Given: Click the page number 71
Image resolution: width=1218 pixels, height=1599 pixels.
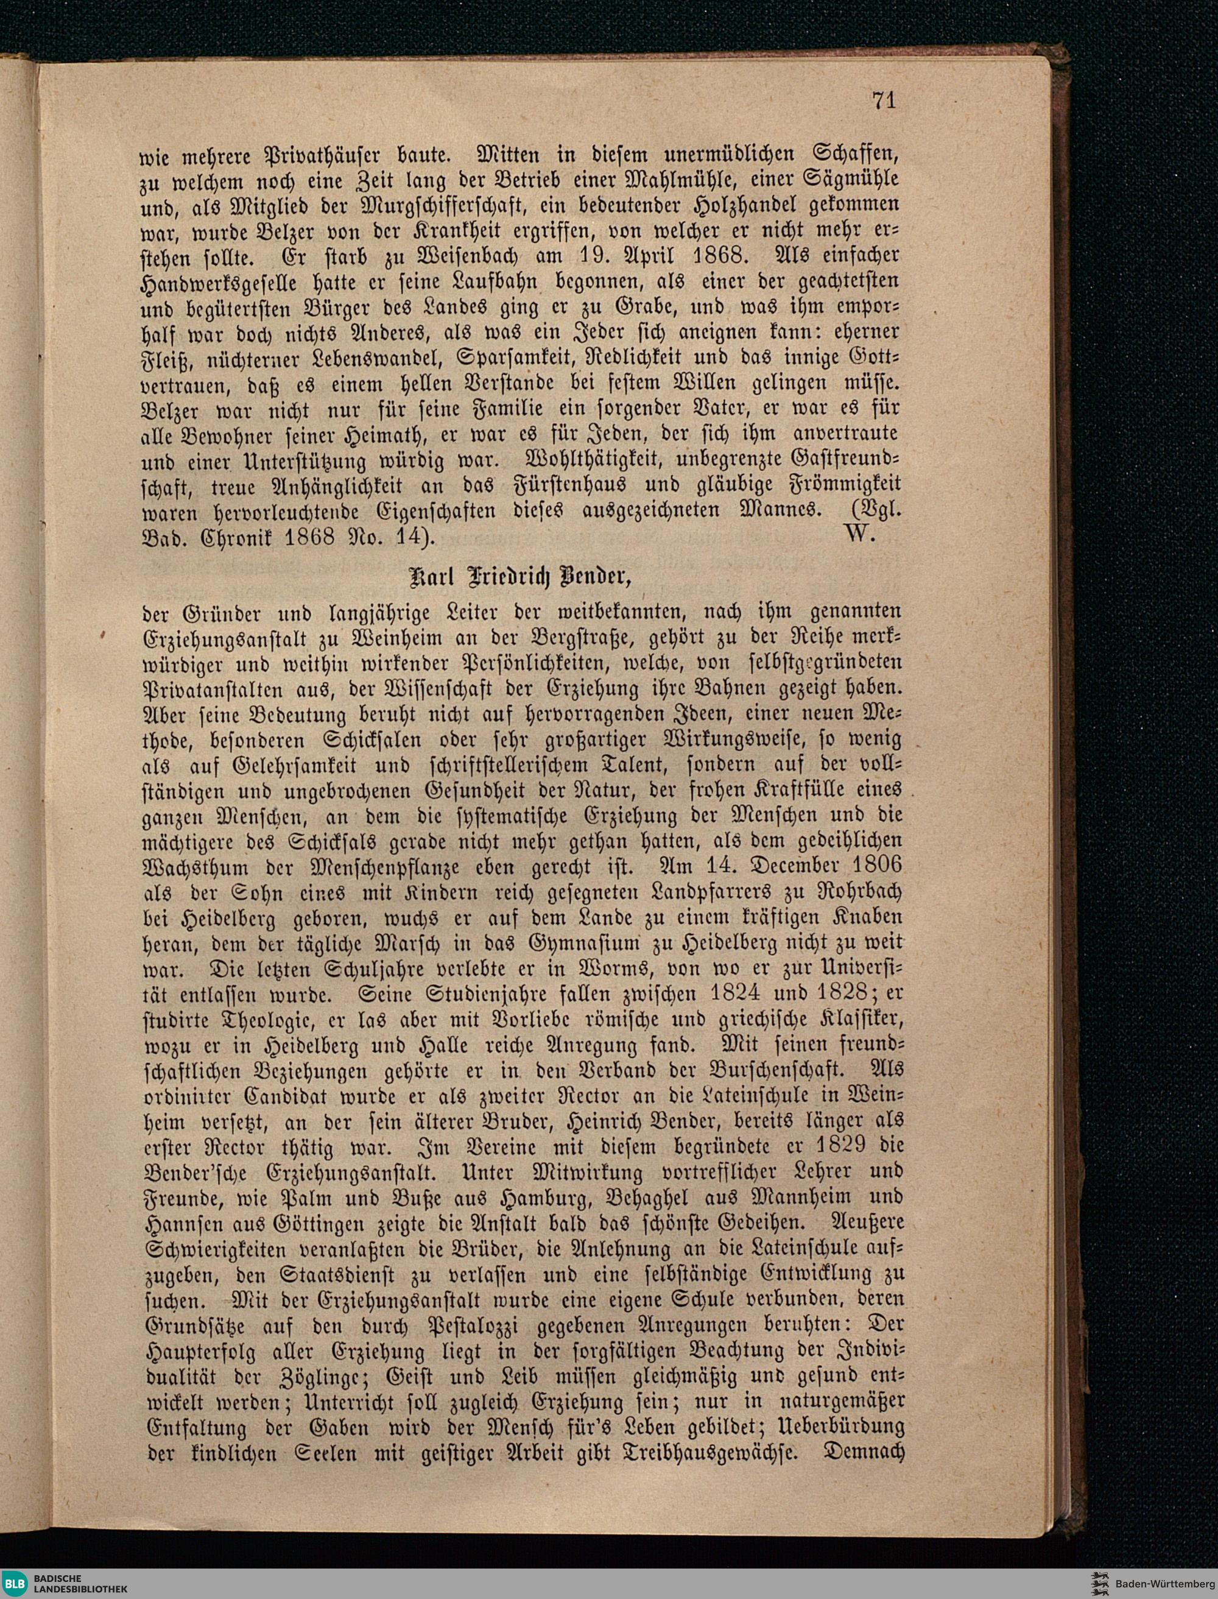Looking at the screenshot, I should pyautogui.click(x=884, y=100).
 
